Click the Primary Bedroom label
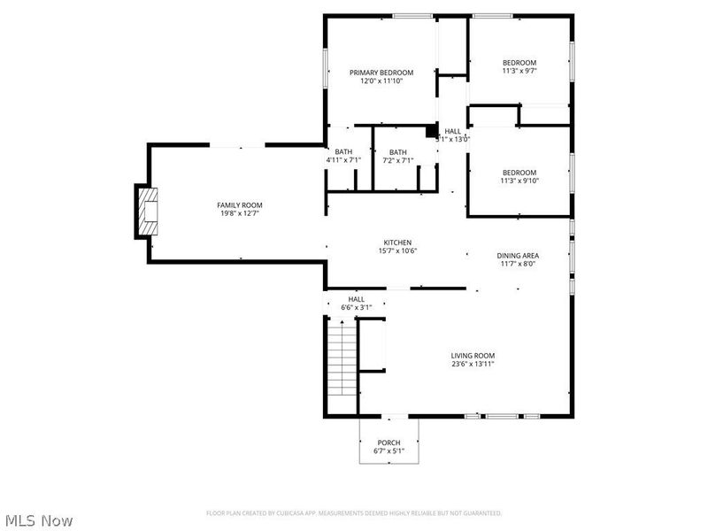(381, 73)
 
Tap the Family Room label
(239, 204)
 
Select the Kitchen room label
(397, 242)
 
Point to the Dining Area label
(518, 256)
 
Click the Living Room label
(473, 356)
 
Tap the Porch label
(389, 442)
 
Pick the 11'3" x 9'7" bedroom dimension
(519, 72)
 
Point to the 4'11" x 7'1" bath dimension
(343, 160)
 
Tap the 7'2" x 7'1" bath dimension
(398, 160)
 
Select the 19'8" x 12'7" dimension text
(239, 213)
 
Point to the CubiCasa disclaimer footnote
(354, 513)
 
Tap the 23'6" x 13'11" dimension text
(473, 365)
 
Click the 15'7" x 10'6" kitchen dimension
(397, 251)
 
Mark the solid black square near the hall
(432, 133)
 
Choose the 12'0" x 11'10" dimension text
(381, 81)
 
